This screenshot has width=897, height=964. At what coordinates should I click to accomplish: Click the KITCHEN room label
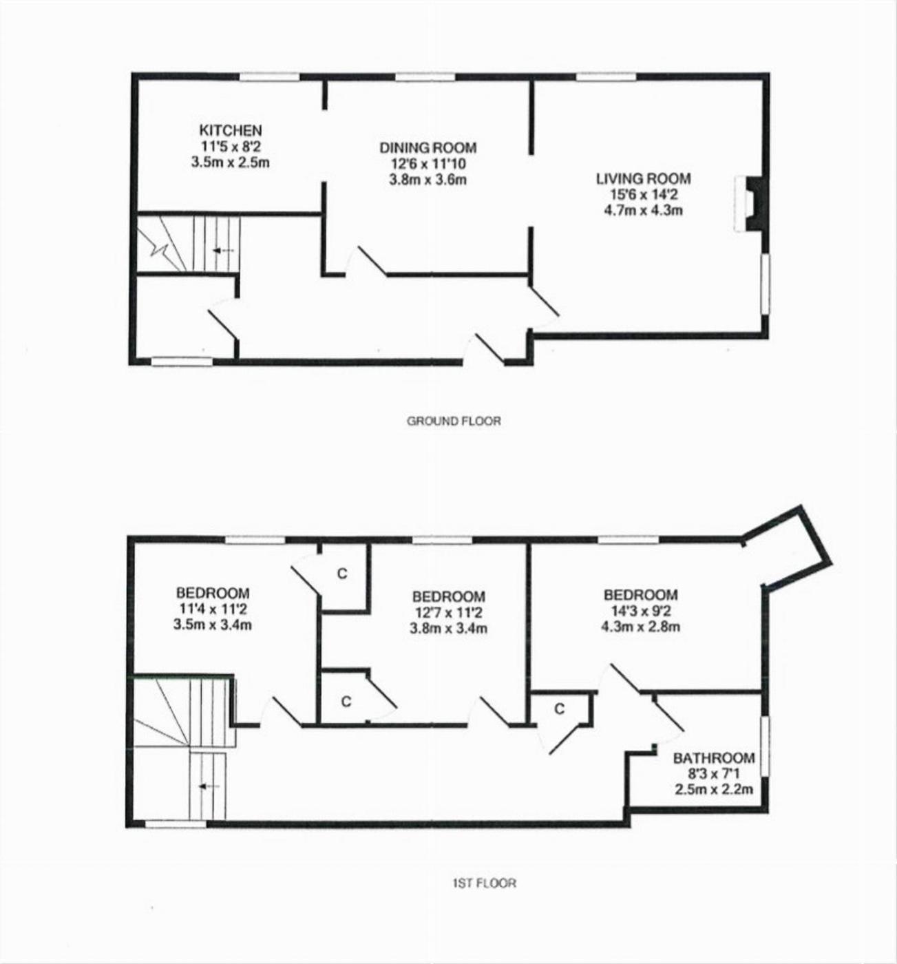tap(231, 130)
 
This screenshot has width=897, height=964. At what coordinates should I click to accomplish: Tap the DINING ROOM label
tap(428, 147)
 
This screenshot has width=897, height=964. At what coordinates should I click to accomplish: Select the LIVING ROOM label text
tap(644, 178)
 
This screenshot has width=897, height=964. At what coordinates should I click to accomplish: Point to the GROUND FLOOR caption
tap(454, 421)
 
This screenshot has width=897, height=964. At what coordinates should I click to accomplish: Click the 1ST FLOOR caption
tap(484, 883)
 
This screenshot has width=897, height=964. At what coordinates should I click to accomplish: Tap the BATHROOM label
tap(714, 757)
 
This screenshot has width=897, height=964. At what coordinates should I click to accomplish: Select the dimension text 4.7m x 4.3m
tap(644, 210)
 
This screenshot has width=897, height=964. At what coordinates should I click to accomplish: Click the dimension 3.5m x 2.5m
tap(231, 162)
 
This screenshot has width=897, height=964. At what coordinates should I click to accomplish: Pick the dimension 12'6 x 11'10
tap(428, 164)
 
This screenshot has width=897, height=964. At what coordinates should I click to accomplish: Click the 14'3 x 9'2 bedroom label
tap(641, 611)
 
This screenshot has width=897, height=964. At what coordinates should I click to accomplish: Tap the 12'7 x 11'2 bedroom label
tap(449, 613)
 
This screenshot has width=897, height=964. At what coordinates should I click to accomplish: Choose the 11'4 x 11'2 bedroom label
tap(213, 609)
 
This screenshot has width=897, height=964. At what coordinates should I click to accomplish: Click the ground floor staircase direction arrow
tap(224, 251)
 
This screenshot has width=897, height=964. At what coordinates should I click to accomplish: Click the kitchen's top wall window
tap(269, 76)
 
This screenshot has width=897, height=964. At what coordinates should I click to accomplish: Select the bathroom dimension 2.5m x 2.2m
tap(714, 789)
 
